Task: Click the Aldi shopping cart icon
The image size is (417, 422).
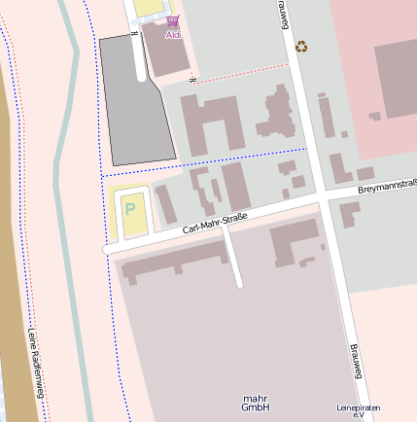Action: point(173,20)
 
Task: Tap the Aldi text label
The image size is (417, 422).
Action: point(173,36)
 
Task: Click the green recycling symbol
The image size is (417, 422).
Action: point(302,45)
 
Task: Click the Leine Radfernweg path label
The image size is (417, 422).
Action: point(36,366)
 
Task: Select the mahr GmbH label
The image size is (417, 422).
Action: point(256,403)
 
